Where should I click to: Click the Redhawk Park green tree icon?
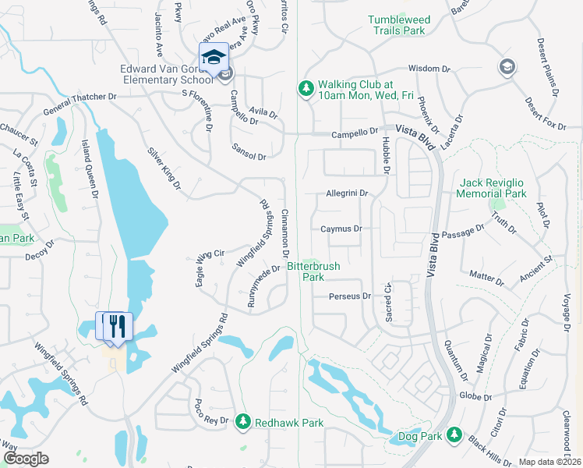tap(242, 421)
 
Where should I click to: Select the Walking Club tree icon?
tap(305, 90)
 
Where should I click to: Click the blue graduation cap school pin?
tap(214, 57)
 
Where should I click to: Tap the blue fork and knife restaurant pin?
tap(117, 326)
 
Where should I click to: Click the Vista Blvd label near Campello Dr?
tap(413, 128)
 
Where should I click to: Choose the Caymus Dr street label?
tap(341, 229)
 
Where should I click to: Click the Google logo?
tap(26, 459)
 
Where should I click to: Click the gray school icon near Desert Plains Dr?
tap(507, 66)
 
